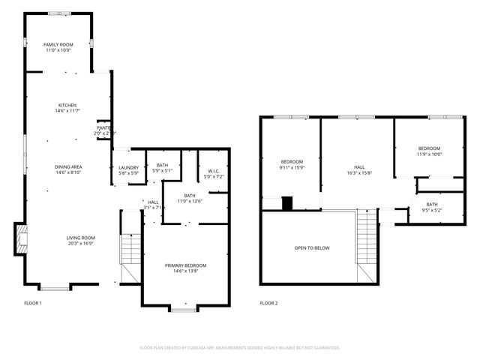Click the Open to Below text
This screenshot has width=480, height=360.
[x=311, y=247]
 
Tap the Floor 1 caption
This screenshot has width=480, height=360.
[x=33, y=303]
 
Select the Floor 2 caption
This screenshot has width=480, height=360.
[x=268, y=303]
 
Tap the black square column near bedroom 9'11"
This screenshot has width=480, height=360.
[x=286, y=202]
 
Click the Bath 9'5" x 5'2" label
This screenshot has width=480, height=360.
[x=432, y=207]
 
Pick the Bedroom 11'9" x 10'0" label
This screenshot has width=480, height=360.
[x=430, y=151]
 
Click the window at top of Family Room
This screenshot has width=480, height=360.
[x=58, y=13]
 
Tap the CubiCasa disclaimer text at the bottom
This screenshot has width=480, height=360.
[x=240, y=348]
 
